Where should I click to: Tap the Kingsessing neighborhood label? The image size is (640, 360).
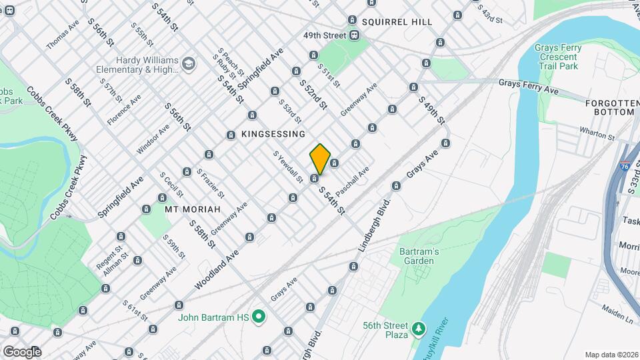273,134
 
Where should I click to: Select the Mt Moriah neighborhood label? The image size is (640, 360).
192,209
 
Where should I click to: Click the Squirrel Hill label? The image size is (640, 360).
397,22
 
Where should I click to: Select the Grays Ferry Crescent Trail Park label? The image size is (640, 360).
559,57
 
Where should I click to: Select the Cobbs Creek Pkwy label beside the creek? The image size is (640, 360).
69,188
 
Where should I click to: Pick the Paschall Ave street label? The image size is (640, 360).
352,181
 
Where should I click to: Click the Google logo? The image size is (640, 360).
21,351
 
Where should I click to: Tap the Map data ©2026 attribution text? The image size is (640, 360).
611,355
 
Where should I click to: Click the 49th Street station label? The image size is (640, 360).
325,35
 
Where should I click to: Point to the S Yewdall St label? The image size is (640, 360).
289,167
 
